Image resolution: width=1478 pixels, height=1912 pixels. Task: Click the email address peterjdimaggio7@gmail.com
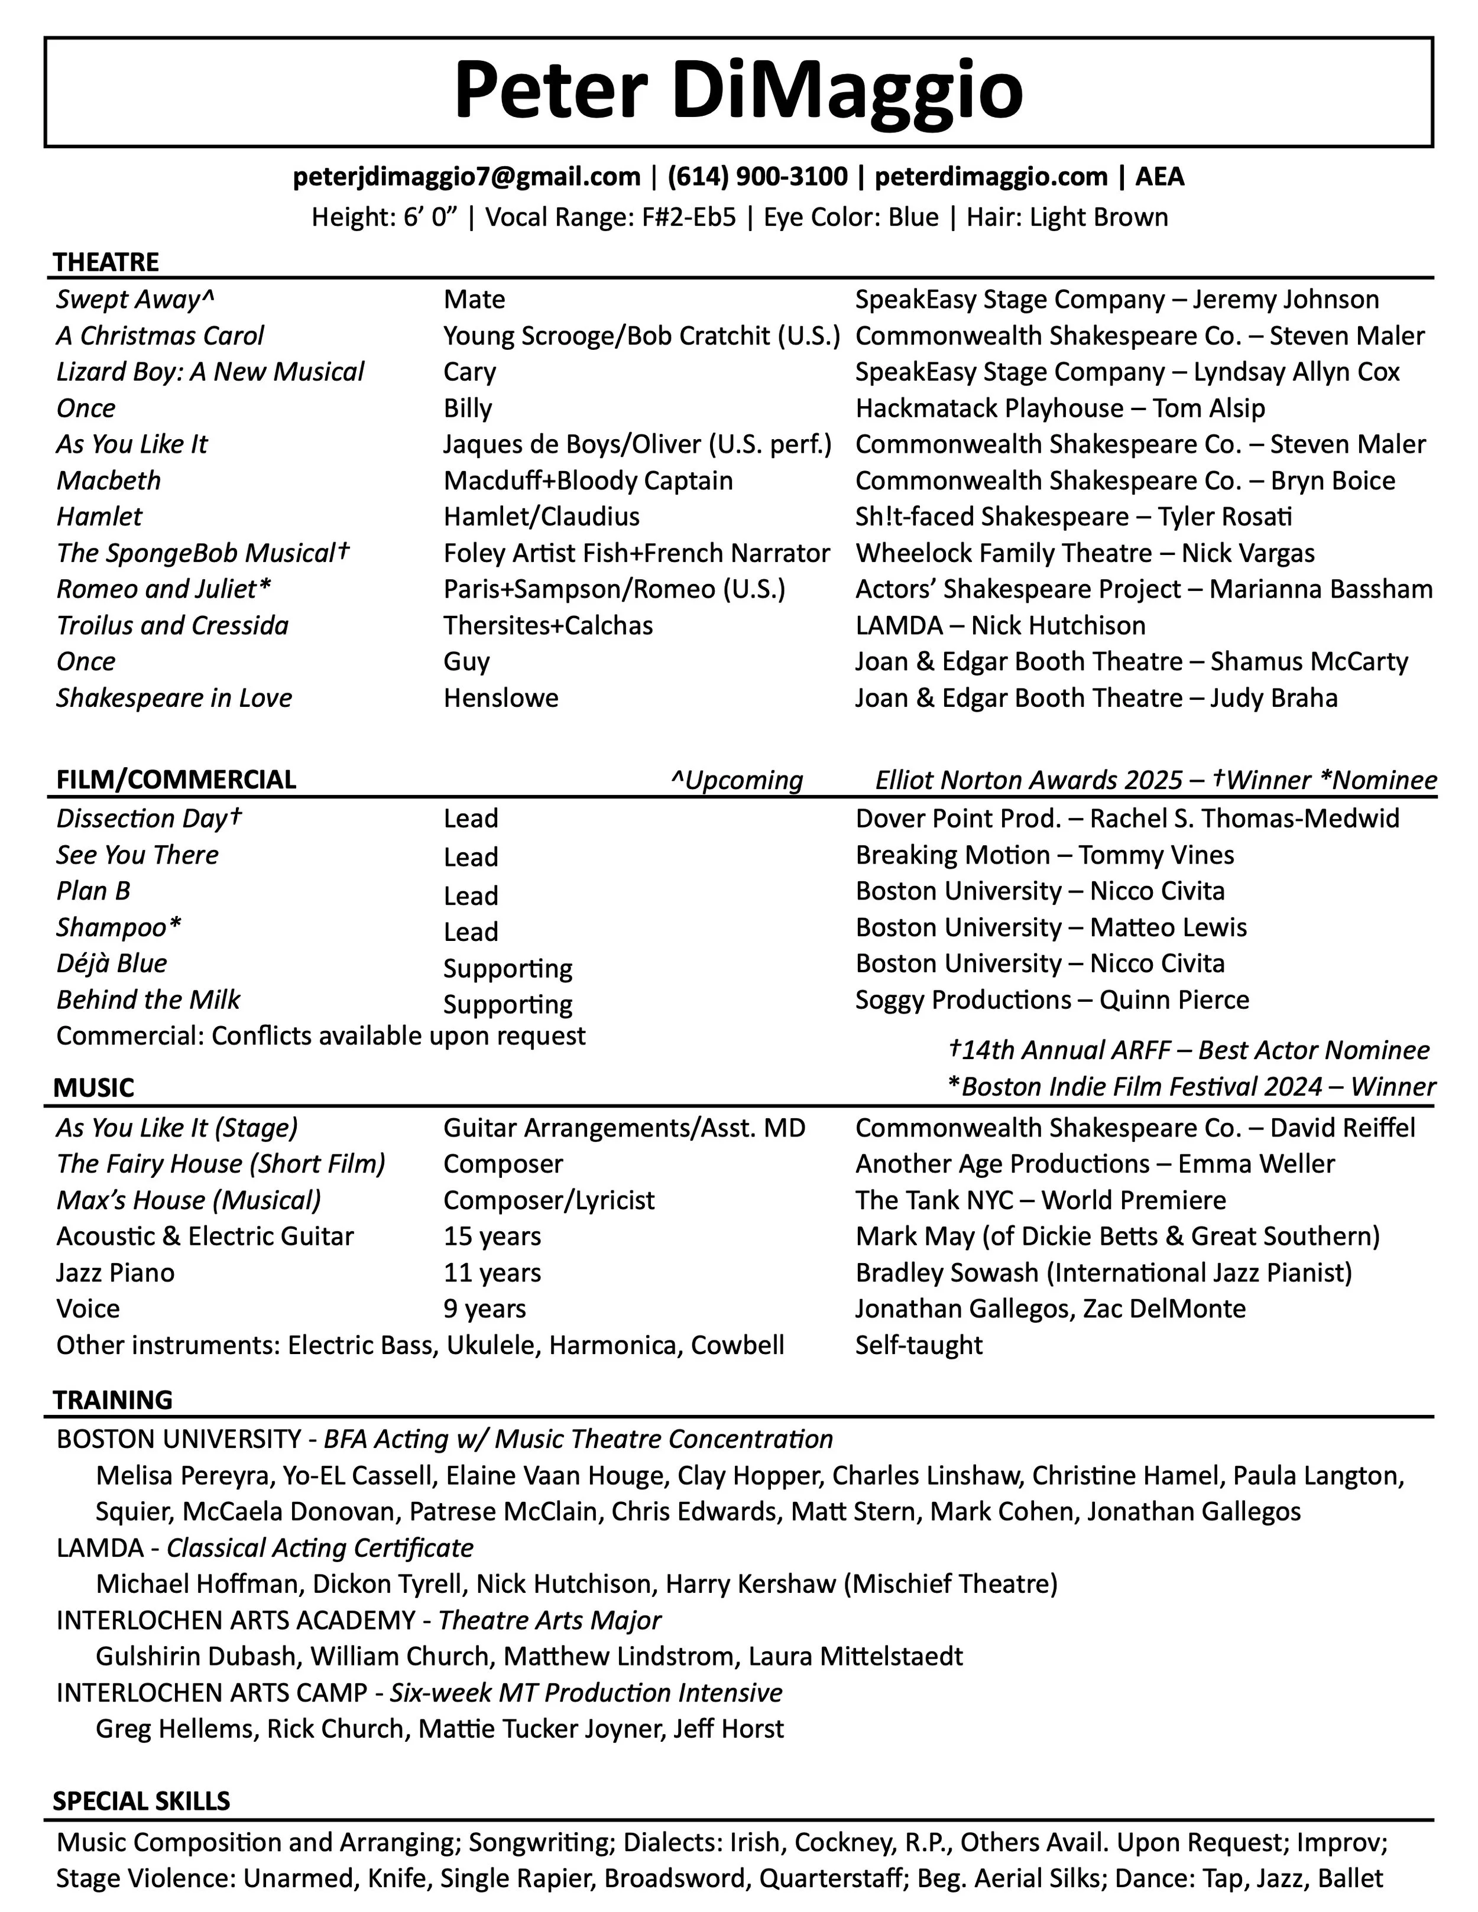pyautogui.click(x=466, y=177)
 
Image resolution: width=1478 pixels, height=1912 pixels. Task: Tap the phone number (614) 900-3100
pyautogui.click(x=757, y=177)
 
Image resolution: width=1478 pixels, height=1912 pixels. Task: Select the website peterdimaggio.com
pyautogui.click(x=991, y=177)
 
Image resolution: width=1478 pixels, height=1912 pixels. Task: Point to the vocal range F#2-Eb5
pyautogui.click(x=688, y=217)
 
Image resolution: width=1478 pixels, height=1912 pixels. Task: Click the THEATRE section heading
pyautogui.click(x=106, y=262)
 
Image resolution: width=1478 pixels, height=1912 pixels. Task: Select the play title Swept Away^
pyautogui.click(x=135, y=300)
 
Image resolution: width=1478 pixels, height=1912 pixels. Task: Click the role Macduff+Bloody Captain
pyautogui.click(x=588, y=481)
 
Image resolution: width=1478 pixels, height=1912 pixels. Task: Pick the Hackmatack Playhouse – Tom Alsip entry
pyautogui.click(x=1059, y=408)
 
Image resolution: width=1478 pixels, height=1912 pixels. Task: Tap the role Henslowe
pyautogui.click(x=501, y=698)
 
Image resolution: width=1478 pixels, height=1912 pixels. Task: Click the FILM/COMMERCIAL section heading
pyautogui.click(x=176, y=779)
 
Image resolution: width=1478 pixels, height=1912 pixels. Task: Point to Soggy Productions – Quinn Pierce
pyautogui.click(x=1052, y=1000)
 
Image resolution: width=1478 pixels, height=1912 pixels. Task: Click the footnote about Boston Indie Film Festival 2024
pyautogui.click(x=1191, y=1086)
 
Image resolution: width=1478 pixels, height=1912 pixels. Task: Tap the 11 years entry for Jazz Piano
pyautogui.click(x=492, y=1273)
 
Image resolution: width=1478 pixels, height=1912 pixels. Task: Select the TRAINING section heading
pyautogui.click(x=112, y=1400)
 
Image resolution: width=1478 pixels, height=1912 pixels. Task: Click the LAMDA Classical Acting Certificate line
pyautogui.click(x=264, y=1548)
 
